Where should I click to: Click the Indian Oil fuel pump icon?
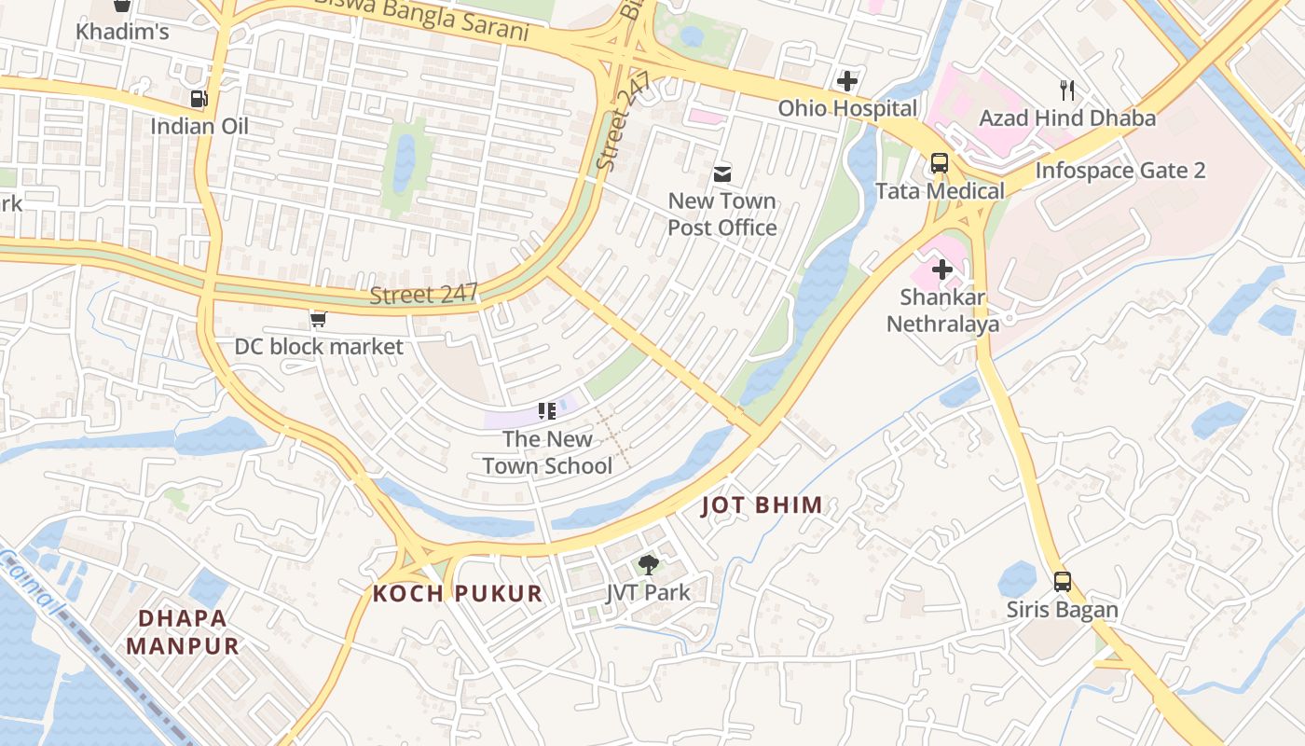pyautogui.click(x=199, y=98)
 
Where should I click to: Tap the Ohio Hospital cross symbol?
pyautogui.click(x=846, y=81)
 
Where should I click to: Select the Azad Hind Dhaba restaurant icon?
pyautogui.click(x=1067, y=90)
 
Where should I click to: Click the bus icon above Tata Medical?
pyautogui.click(x=939, y=163)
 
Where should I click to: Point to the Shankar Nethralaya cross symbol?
pyautogui.click(x=942, y=270)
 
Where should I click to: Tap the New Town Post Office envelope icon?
pyautogui.click(x=722, y=173)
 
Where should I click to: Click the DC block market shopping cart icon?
pyautogui.click(x=318, y=320)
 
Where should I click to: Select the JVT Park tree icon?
pyautogui.click(x=648, y=564)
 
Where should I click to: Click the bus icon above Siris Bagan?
pyautogui.click(x=1062, y=582)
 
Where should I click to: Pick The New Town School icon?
pyautogui.click(x=547, y=410)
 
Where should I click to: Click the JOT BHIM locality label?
pyautogui.click(x=762, y=505)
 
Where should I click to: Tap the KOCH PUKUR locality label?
pyautogui.click(x=457, y=593)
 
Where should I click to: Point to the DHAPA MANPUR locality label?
pyautogui.click(x=183, y=631)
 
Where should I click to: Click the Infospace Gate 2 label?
pyautogui.click(x=1120, y=171)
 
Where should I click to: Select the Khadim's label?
pyautogui.click(x=122, y=32)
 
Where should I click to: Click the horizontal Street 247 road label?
pyautogui.click(x=424, y=296)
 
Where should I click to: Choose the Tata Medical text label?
pyautogui.click(x=940, y=191)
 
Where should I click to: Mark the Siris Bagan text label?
pyautogui.click(x=1062, y=611)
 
